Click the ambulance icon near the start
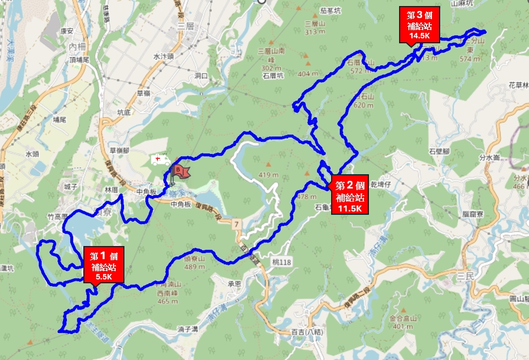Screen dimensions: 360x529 point(161,160)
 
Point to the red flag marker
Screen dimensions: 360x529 point(180,171)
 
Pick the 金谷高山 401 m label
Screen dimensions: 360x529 point(403,322)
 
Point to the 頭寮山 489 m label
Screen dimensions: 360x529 point(195,262)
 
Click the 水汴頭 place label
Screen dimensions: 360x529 point(163,56)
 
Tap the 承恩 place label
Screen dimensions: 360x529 point(235,283)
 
